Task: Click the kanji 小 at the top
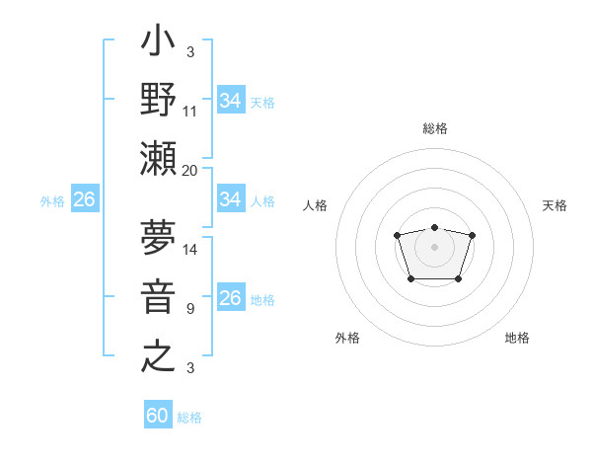click(x=159, y=45)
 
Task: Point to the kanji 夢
click(x=159, y=236)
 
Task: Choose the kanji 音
click(x=159, y=295)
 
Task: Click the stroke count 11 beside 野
click(x=190, y=112)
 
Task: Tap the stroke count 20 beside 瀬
click(x=190, y=170)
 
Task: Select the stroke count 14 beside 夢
click(x=190, y=249)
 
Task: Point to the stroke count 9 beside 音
click(x=190, y=308)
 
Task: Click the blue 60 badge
click(x=158, y=416)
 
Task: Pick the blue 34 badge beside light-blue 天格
click(x=231, y=101)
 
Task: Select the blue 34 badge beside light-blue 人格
click(x=231, y=199)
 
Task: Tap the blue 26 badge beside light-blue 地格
click(x=231, y=298)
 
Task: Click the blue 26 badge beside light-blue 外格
click(x=84, y=199)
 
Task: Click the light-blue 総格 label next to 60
click(x=189, y=418)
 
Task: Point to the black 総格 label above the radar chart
click(x=434, y=128)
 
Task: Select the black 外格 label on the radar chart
click(x=347, y=338)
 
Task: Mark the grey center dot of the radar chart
click(x=434, y=246)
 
